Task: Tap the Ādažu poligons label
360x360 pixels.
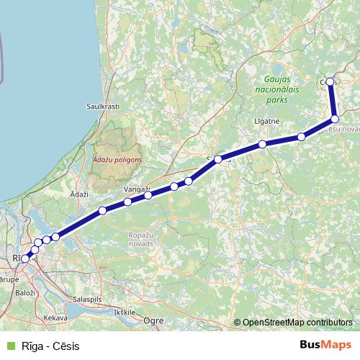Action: [117, 159]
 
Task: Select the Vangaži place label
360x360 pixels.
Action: [137, 189]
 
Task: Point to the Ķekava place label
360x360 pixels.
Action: [55, 317]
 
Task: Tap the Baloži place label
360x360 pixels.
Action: [25, 293]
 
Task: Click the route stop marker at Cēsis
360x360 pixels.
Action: [330, 82]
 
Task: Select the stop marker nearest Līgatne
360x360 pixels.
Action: [263, 144]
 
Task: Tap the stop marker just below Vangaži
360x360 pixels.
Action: [148, 195]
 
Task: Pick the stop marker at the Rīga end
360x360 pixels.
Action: [25, 258]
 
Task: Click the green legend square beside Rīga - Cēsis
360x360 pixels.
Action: [10, 346]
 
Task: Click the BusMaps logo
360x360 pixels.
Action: [325, 346]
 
